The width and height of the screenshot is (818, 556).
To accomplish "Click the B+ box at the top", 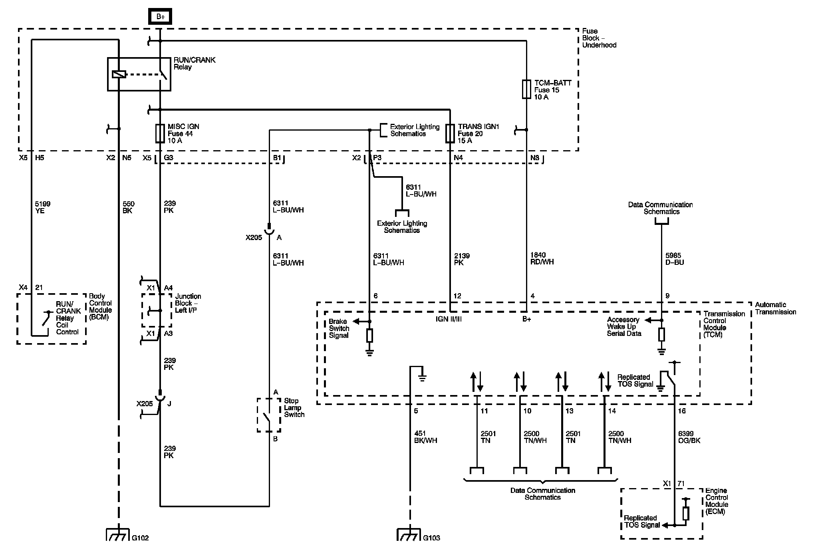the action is coord(160,16).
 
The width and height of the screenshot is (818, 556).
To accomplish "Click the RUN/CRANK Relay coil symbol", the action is coord(119,74).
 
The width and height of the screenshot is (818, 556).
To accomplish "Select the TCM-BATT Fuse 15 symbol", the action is coord(526,89).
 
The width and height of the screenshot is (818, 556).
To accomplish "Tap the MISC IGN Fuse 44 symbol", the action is coord(160,133).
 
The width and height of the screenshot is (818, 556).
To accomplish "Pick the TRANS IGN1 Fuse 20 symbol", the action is coord(450,133).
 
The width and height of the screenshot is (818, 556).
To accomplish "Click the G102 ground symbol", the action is coord(118,534).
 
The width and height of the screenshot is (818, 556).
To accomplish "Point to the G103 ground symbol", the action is coord(409,534).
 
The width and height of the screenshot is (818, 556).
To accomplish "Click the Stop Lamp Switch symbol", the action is coord(269,415).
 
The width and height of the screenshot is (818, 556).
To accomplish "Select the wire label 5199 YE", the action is coord(43,207).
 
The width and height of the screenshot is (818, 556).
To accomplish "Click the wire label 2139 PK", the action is coord(462,259).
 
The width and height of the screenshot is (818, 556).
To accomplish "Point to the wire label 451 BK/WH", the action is coord(426,437).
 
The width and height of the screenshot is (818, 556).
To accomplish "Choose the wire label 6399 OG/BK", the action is coord(689,437).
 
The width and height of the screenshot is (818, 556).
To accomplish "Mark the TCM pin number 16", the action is coord(682,411).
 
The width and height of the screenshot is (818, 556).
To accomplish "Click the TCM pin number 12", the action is coord(458,296).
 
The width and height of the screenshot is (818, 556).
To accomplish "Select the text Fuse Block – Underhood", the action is coord(599,38).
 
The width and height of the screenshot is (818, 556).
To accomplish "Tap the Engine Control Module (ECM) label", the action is coord(717,501).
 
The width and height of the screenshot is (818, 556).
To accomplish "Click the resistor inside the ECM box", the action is coord(686,513).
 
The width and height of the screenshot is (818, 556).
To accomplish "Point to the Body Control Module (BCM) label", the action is coord(100,306).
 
